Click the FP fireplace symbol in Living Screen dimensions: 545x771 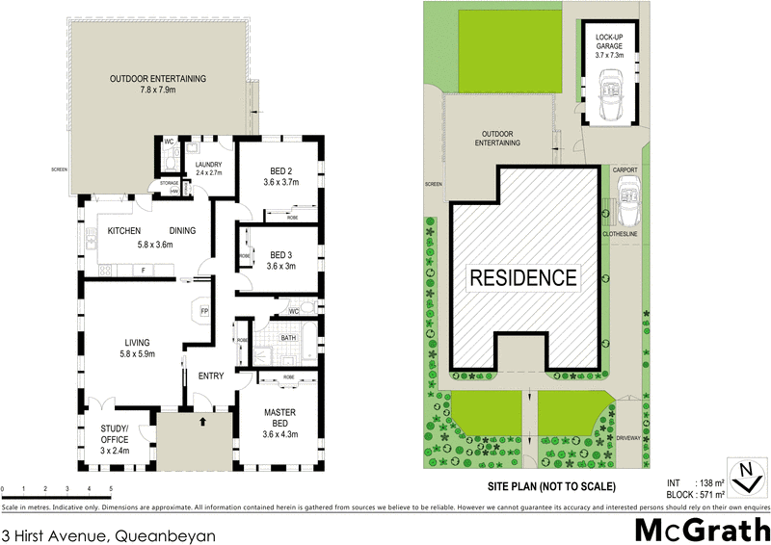pyautogui.click(x=203, y=311)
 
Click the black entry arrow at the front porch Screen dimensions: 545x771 pyautogui.click(x=202, y=421)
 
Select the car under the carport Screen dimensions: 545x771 pyautogui.click(x=630, y=203)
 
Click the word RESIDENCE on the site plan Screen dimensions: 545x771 pyautogui.click(x=524, y=278)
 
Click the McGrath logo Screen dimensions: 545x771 pyautogui.click(x=700, y=529)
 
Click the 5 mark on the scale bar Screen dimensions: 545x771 pyautogui.click(x=111, y=491)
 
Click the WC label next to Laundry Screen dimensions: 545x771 pyautogui.click(x=168, y=142)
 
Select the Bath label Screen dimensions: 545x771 pyautogui.click(x=288, y=338)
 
